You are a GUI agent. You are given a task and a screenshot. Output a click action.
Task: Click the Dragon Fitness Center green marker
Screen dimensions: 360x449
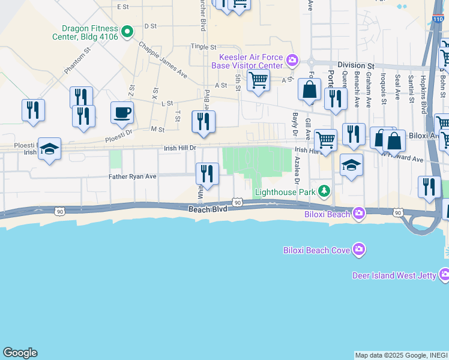[x=127, y=31]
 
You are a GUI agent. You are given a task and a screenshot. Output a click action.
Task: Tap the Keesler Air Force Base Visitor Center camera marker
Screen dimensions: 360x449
[x=292, y=59]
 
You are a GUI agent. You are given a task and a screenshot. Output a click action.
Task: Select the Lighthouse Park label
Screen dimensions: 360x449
[x=285, y=193]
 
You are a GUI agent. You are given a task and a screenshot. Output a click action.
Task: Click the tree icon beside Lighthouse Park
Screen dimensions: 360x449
[x=324, y=191]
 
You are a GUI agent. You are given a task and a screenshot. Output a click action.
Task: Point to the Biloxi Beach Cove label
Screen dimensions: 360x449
[x=316, y=250]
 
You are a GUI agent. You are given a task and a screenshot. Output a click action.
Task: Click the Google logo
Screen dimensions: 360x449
[x=20, y=353]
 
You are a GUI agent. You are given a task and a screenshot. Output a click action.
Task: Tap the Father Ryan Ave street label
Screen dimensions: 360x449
[x=132, y=176]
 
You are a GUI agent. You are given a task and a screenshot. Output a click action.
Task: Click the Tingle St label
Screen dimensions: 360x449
[x=203, y=46]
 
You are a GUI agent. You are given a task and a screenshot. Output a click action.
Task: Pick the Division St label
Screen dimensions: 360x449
[x=355, y=65]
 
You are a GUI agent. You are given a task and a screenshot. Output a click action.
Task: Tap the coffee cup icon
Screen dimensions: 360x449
[x=122, y=112]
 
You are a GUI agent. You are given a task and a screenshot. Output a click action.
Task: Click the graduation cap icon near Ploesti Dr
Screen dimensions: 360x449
[x=49, y=149]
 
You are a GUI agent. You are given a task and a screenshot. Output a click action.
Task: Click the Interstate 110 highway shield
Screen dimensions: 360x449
[x=437, y=19]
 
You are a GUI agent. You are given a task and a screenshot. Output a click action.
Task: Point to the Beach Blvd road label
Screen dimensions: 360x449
[x=208, y=209]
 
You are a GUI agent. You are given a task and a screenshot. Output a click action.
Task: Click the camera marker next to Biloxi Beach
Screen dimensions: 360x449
[x=359, y=213]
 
